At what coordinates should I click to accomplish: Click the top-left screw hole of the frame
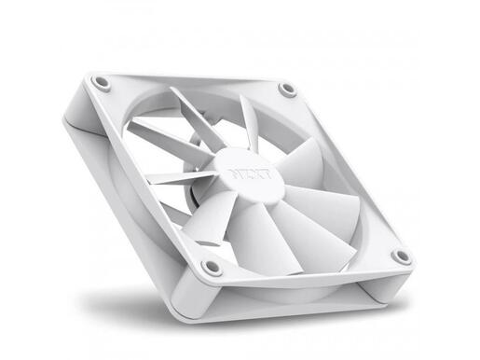(102, 83)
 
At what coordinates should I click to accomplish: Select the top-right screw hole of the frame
(287, 90)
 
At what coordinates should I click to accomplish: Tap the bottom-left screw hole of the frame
(213, 267)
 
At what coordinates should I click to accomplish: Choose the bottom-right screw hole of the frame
(401, 256)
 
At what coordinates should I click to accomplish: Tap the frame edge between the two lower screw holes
(308, 270)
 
